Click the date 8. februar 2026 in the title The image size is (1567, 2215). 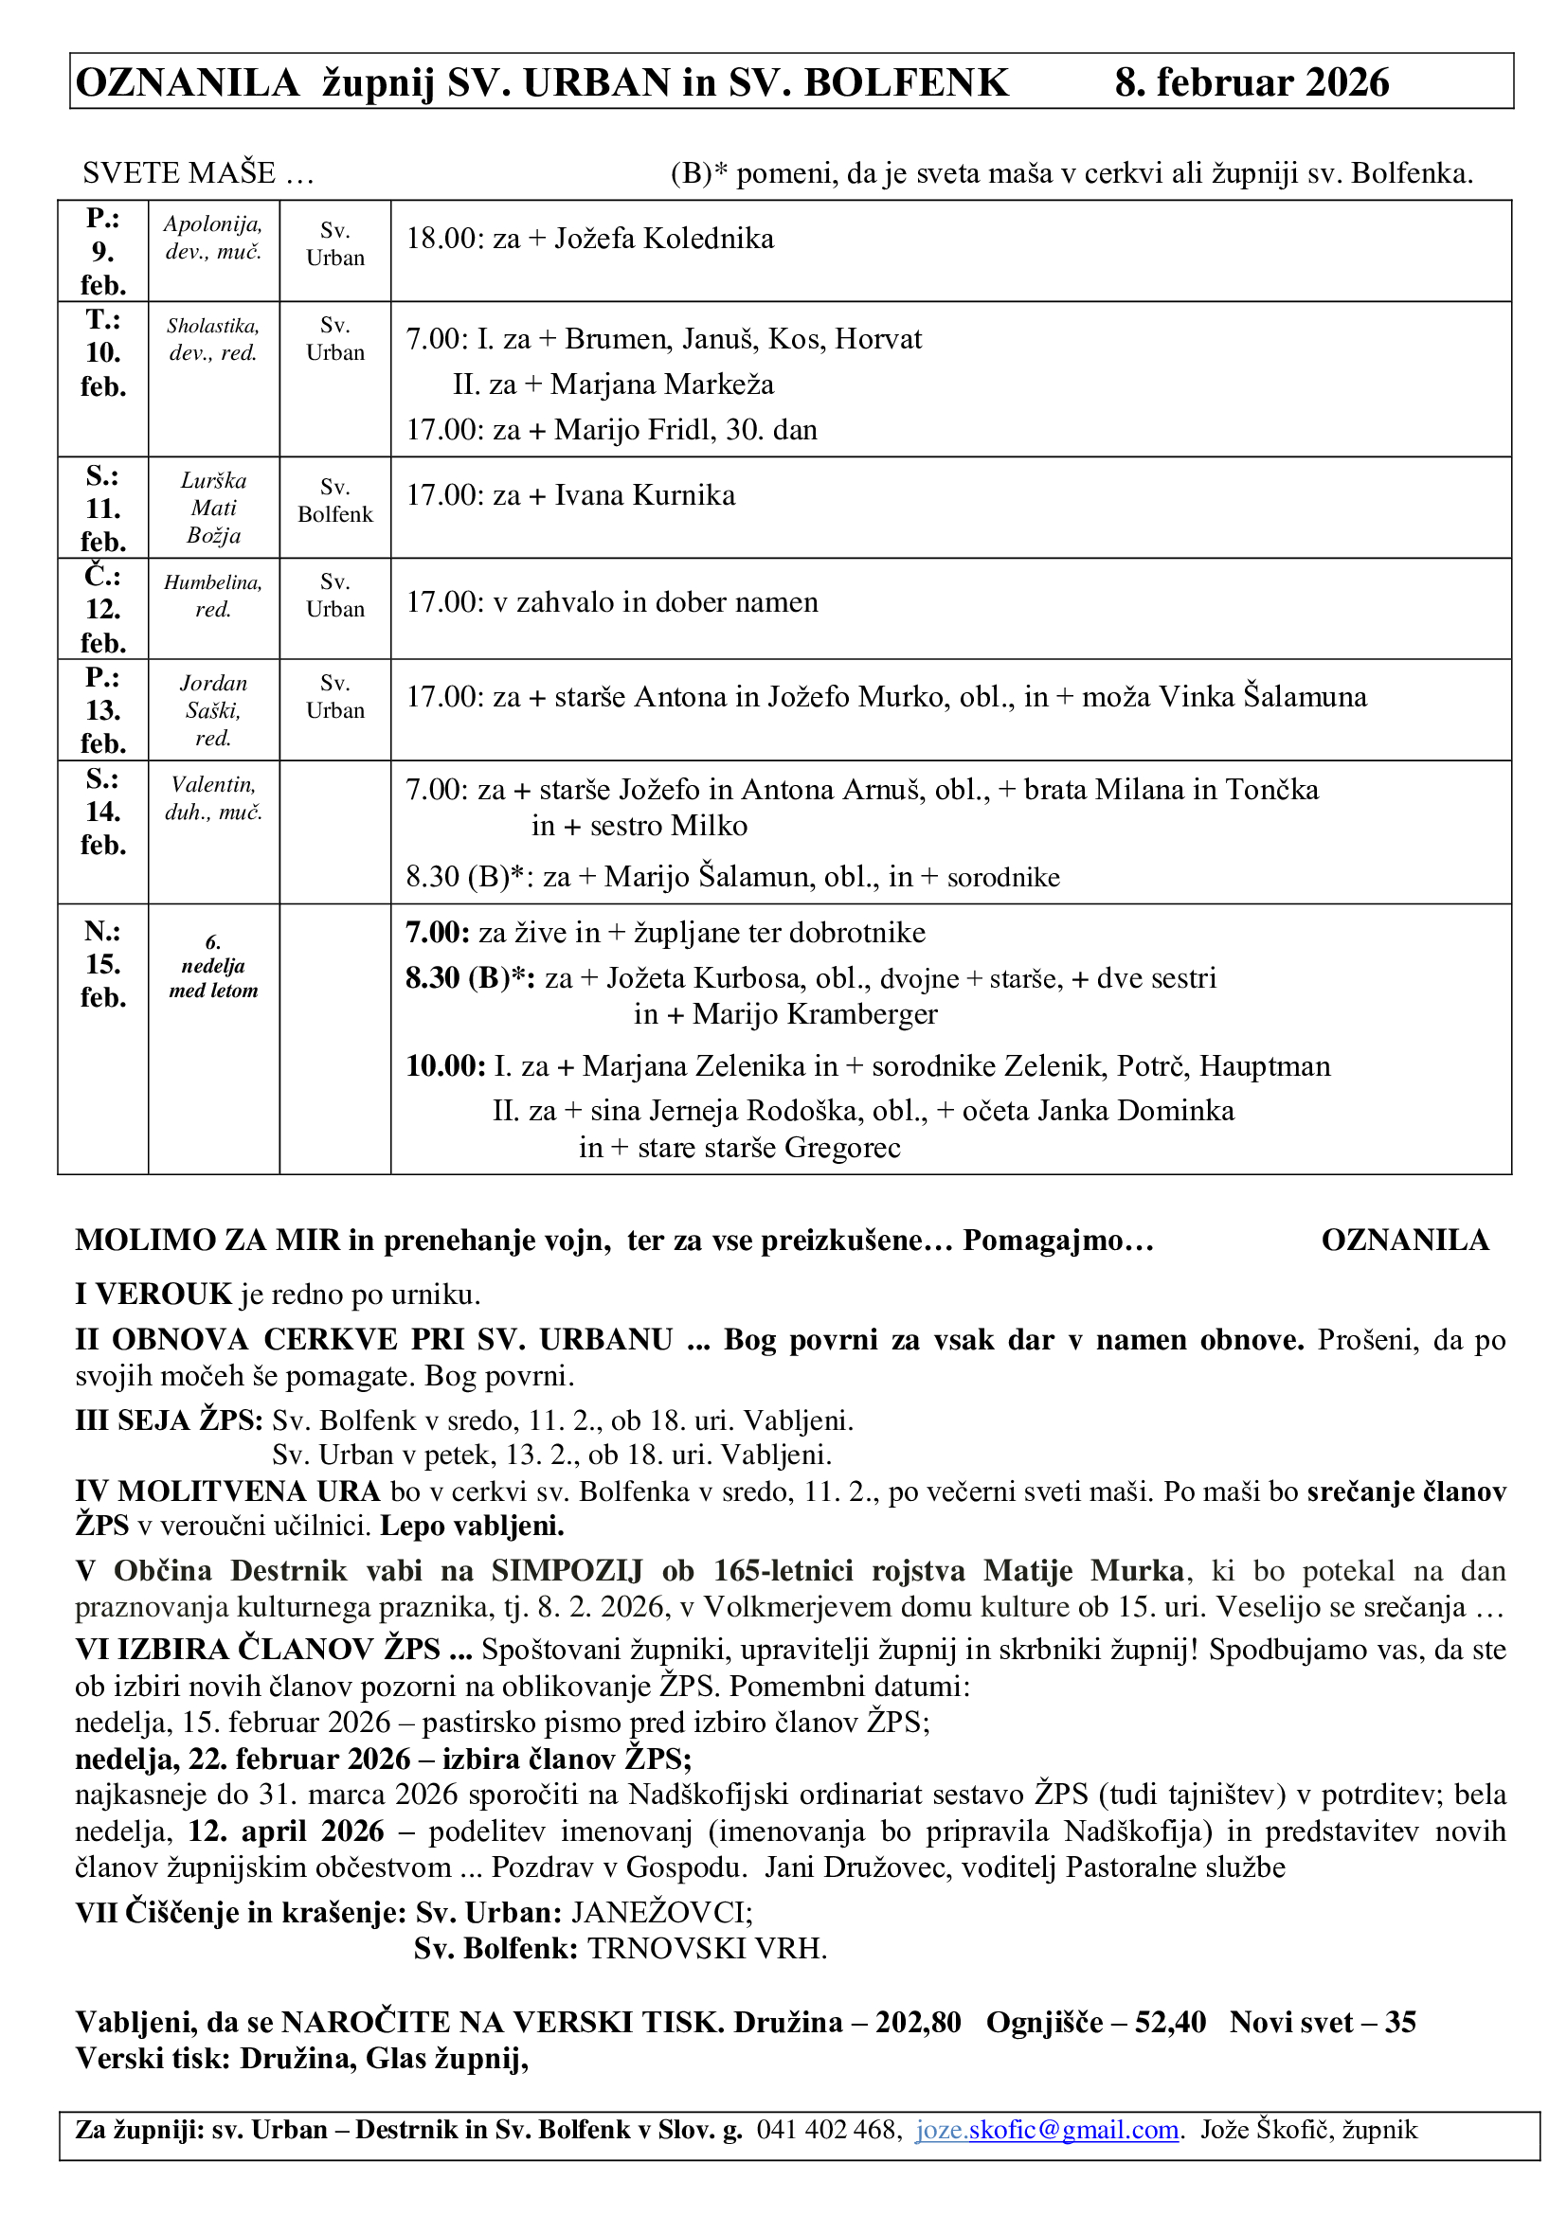[1252, 83]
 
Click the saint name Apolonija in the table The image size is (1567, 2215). [212, 223]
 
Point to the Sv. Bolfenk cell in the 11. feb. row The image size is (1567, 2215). [334, 501]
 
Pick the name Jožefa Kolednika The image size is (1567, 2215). [664, 239]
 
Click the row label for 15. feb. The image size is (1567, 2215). [103, 964]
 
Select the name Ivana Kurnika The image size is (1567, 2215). [644, 495]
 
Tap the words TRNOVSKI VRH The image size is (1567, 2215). [708, 1948]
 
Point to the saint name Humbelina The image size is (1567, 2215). [212, 581]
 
